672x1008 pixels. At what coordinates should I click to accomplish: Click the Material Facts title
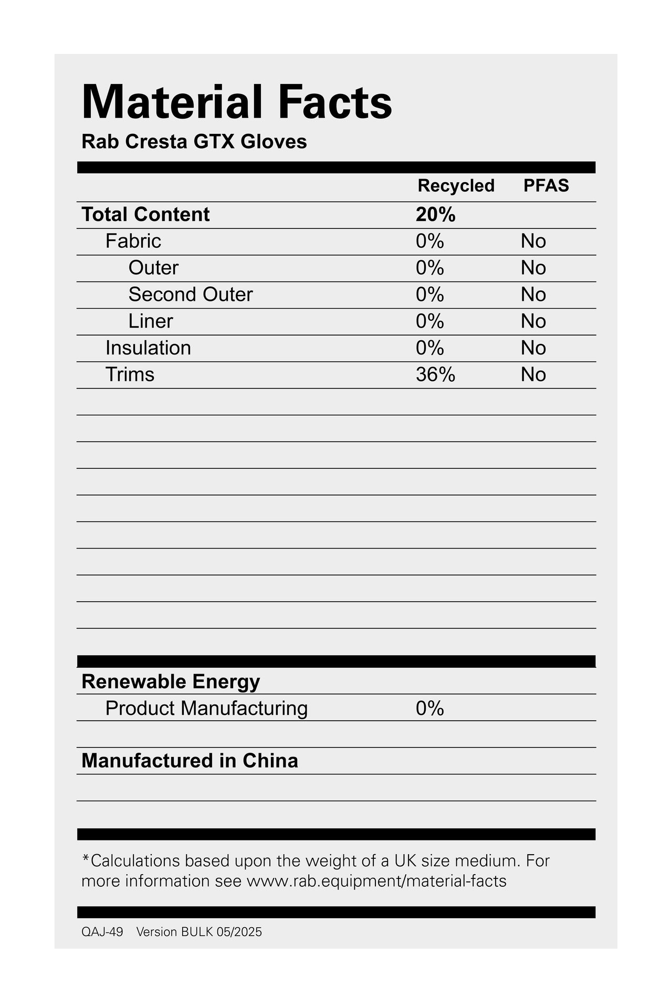pyautogui.click(x=237, y=102)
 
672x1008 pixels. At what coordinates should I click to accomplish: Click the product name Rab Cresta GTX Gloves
pyautogui.click(x=194, y=142)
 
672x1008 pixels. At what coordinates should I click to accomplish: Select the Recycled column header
pyautogui.click(x=456, y=186)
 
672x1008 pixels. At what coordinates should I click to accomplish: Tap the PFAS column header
pyautogui.click(x=546, y=186)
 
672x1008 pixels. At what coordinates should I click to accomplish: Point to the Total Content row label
pyautogui.click(x=145, y=215)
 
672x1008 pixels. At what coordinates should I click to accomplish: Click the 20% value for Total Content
pyautogui.click(x=435, y=215)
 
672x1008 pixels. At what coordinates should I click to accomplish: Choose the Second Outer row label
pyautogui.click(x=191, y=295)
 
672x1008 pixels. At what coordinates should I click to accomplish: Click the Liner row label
pyautogui.click(x=151, y=321)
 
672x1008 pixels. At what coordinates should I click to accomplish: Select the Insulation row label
pyautogui.click(x=148, y=348)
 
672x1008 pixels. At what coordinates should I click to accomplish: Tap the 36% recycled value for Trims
pyautogui.click(x=435, y=375)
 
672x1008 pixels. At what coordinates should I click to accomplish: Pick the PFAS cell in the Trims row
pyautogui.click(x=533, y=375)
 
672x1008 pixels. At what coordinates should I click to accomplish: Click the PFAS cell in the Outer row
pyautogui.click(x=533, y=268)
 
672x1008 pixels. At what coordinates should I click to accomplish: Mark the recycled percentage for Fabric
pyautogui.click(x=430, y=241)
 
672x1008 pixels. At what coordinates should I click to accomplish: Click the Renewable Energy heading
pyautogui.click(x=171, y=681)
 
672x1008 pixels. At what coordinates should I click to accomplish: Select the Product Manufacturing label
pyautogui.click(x=206, y=708)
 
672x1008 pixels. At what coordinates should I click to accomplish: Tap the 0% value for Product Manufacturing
pyautogui.click(x=430, y=709)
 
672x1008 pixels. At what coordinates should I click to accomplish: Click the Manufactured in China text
pyautogui.click(x=190, y=761)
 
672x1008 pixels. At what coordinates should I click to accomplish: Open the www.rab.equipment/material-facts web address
pyautogui.click(x=376, y=881)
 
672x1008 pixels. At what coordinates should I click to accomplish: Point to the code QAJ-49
pyautogui.click(x=102, y=932)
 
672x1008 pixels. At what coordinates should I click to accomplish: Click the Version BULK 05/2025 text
pyautogui.click(x=199, y=932)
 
